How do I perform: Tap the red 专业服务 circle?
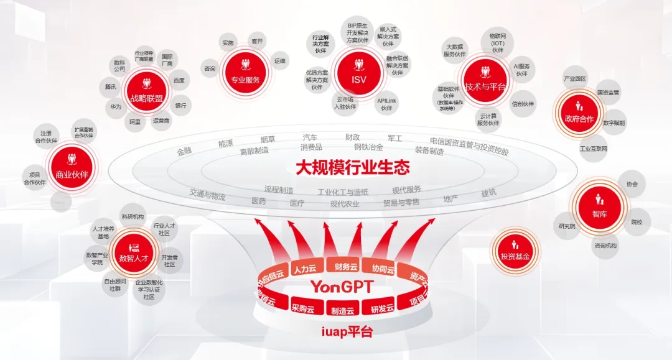(x=245, y=71)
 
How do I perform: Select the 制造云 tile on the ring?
(x=342, y=310)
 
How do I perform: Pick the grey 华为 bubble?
(x=116, y=107)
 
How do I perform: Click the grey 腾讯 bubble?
(x=111, y=86)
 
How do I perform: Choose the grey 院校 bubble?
(x=637, y=222)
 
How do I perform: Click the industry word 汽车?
(x=310, y=137)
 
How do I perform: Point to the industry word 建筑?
(x=488, y=193)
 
